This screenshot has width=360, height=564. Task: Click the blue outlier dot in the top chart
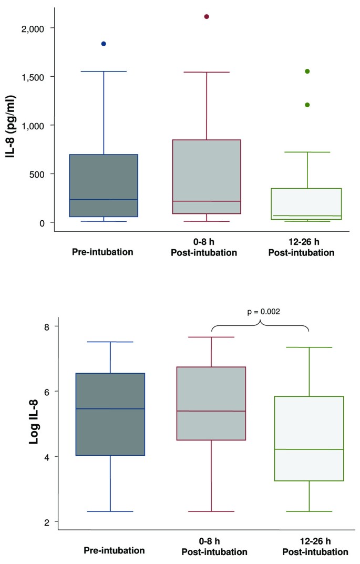point(104,44)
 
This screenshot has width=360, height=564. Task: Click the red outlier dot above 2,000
point(207,16)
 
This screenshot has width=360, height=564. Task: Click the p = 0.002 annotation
point(263,311)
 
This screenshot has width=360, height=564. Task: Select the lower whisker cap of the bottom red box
point(211,511)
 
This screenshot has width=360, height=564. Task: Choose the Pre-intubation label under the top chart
point(103,252)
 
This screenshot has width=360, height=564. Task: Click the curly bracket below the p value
point(260,326)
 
